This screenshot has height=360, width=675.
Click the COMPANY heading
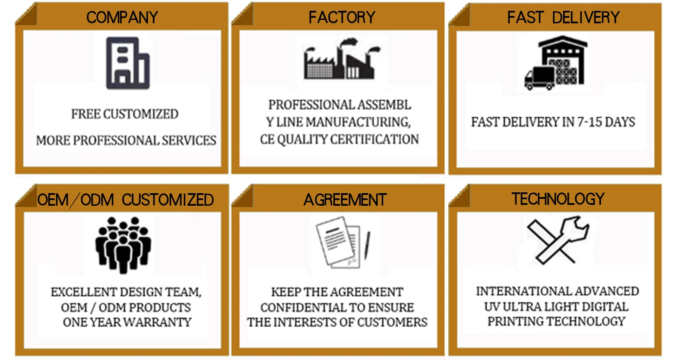point(122,17)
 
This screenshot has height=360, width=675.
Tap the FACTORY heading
point(342,17)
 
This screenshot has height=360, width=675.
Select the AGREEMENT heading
point(345,200)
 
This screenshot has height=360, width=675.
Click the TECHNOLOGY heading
point(558,199)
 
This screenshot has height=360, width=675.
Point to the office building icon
point(128,63)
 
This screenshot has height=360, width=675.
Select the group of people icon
point(123,245)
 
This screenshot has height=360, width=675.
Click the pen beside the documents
point(368,245)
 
